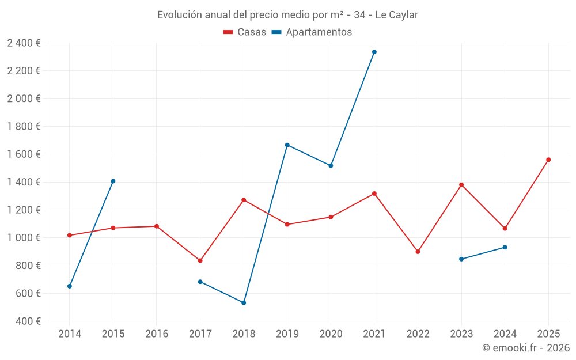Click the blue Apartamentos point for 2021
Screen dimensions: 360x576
point(374,52)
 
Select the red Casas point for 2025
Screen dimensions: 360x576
point(548,160)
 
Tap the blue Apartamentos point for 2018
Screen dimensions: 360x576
point(244,302)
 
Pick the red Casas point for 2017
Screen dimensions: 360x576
point(200,260)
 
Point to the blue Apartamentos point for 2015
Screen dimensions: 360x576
point(113,181)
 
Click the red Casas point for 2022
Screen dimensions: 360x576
point(418,252)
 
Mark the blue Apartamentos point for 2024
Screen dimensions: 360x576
point(505,247)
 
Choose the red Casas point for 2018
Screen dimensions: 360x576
point(244,200)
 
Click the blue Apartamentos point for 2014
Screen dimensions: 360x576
point(70,286)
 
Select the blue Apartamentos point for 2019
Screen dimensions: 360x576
point(287,145)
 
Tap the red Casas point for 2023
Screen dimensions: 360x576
point(461,185)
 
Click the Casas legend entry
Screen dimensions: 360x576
point(245,32)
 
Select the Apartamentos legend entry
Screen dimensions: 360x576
point(312,32)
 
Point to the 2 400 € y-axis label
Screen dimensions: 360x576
point(24,43)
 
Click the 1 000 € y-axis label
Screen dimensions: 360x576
point(24,238)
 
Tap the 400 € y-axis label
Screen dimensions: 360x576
point(28,321)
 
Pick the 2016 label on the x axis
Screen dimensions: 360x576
point(157,334)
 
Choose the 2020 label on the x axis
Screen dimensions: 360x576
point(331,334)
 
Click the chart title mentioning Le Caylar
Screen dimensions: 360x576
point(288,15)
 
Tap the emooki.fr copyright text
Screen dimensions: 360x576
point(526,348)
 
